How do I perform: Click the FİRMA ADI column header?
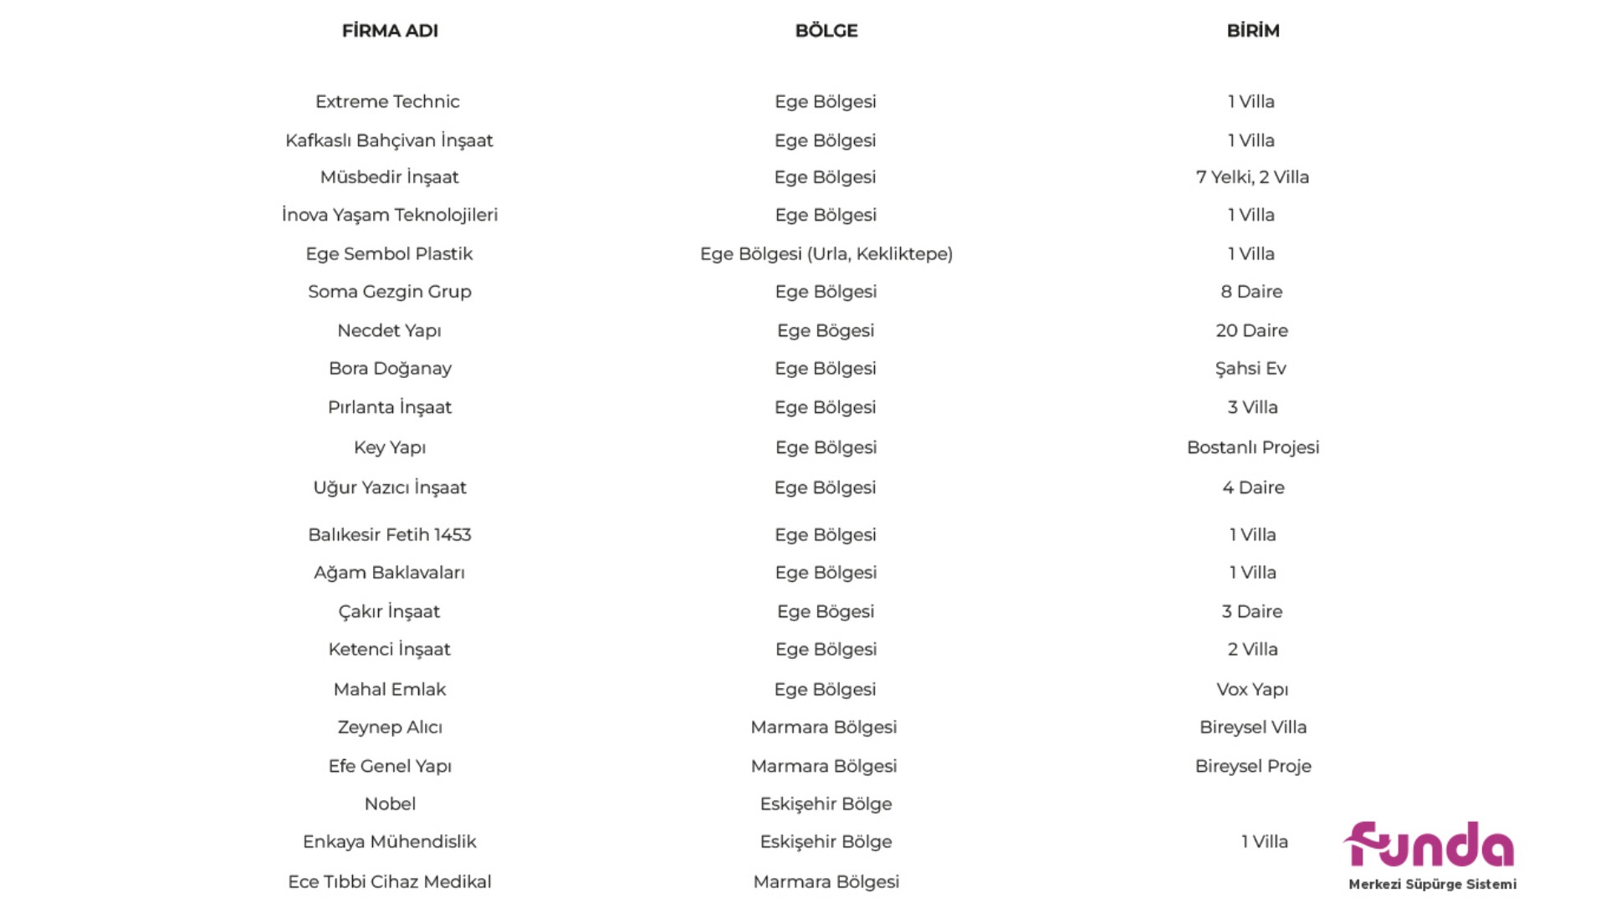coord(390,31)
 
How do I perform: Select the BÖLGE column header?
coord(826,31)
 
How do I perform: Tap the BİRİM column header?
coord(1253,31)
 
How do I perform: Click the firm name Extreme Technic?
coord(387,102)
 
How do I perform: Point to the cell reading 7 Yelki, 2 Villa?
coord(1252,177)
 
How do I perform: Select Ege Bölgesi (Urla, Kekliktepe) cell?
coord(826,254)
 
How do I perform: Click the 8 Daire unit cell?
coord(1251,292)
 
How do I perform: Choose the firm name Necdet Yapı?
coord(389,331)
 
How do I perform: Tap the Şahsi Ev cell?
coord(1251,369)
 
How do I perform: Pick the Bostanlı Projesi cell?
coord(1253,447)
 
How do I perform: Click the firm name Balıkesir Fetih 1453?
coord(390,535)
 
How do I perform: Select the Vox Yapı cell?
coord(1252,690)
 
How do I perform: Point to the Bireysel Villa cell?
coord(1253,727)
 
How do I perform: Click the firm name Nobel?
coord(390,804)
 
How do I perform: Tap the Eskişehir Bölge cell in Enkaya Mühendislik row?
coord(826,842)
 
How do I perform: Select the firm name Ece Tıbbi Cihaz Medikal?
coord(390,882)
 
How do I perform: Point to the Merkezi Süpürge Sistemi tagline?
coord(1432,885)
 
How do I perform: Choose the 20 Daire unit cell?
coord(1251,331)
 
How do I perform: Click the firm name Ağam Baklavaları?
coord(389,573)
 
